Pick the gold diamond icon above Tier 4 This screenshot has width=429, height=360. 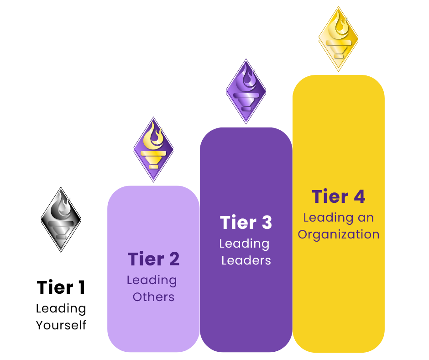point(338,38)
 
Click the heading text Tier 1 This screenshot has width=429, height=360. point(61,288)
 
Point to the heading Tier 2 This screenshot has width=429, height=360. point(153,259)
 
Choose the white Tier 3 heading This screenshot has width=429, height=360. point(246,222)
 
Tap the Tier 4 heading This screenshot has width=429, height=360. point(338,196)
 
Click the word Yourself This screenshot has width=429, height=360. point(61,325)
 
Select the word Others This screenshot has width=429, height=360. point(154,297)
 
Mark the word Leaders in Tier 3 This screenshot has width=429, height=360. point(246,260)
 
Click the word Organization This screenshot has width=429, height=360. point(339,234)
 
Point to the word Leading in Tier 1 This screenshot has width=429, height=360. point(61,309)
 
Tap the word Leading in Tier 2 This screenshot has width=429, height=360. point(152,280)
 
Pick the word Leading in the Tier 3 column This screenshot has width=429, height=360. point(244,244)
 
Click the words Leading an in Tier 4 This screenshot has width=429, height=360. point(338,217)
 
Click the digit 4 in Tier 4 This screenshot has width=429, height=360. point(359,196)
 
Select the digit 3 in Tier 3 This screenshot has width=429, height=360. point(266,222)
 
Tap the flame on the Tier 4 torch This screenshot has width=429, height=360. point(339,25)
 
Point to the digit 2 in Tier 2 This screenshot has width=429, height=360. point(173,259)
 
